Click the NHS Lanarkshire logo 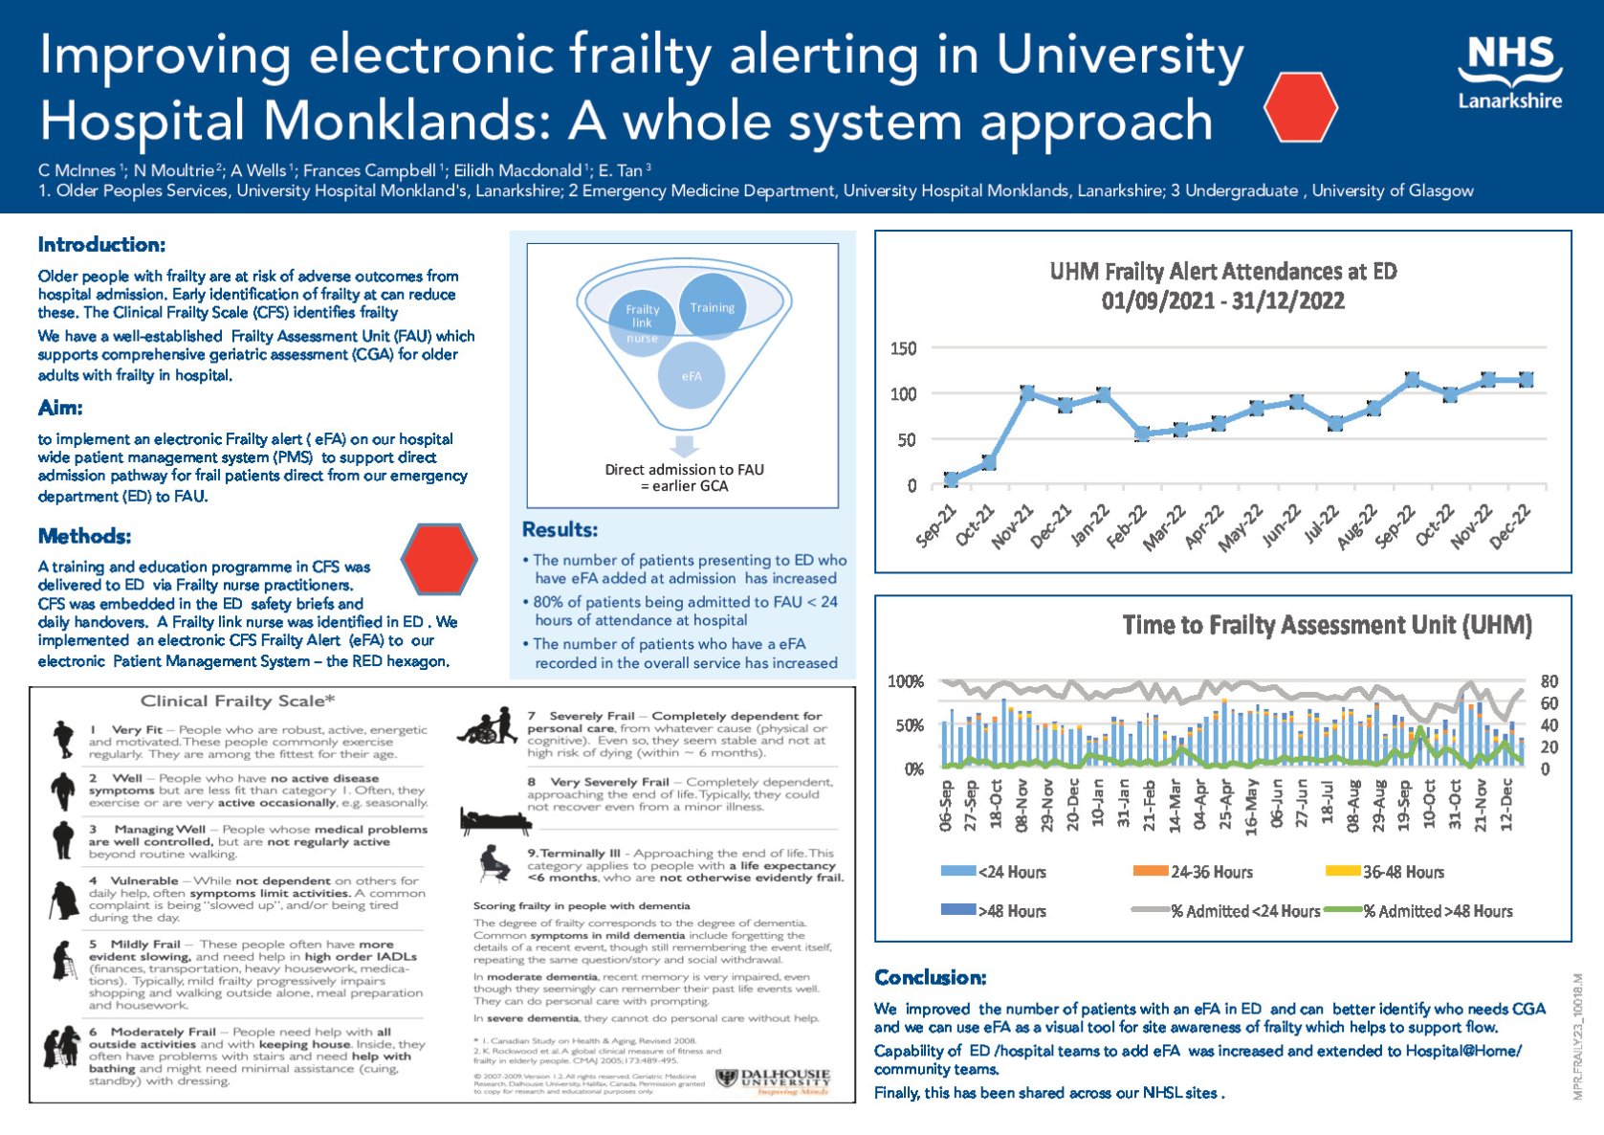(1509, 74)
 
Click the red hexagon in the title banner (1300, 107)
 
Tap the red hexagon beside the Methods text (438, 558)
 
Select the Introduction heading (101, 245)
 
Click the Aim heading (60, 408)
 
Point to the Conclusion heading (930, 977)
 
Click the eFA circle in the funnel (692, 376)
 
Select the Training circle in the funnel (712, 307)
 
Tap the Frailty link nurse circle (642, 323)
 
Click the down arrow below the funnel (684, 446)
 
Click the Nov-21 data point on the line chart (1027, 393)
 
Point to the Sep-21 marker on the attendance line (951, 479)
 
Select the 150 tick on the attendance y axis (903, 348)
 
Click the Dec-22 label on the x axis (1512, 526)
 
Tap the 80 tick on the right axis (1549, 681)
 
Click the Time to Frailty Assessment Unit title (1327, 626)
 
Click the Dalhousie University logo (774, 1080)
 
